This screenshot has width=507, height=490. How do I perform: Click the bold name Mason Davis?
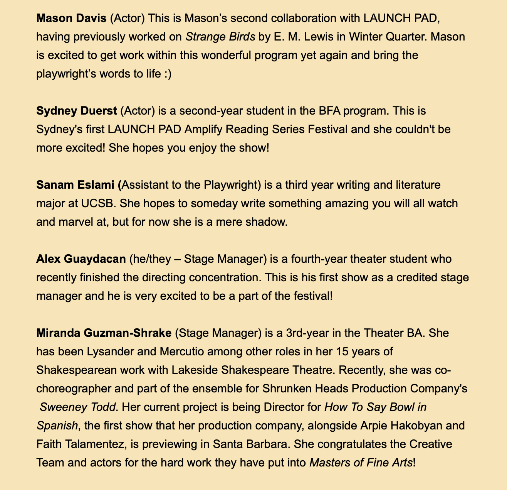click(71, 18)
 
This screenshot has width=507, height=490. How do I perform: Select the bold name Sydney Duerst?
click(76, 111)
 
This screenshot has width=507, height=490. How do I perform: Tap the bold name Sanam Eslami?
click(77, 185)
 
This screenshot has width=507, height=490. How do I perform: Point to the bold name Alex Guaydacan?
click(81, 259)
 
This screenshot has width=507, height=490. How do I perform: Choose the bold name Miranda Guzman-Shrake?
click(104, 333)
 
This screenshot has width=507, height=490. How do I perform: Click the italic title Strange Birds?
click(220, 37)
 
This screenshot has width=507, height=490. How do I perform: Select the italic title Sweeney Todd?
click(78, 407)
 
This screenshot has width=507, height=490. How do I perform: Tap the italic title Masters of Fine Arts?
click(361, 463)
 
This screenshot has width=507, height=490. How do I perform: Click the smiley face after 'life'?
click(167, 74)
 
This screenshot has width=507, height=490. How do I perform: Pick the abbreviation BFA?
click(327, 111)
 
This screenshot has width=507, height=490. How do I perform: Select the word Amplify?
click(205, 129)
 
